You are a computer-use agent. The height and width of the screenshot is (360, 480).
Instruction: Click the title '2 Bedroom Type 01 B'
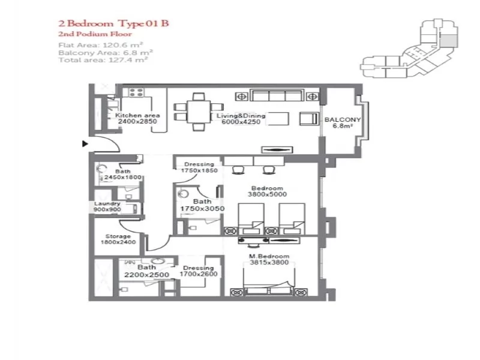coord(113,25)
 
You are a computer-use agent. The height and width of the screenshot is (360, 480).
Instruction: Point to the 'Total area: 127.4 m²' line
coord(103,59)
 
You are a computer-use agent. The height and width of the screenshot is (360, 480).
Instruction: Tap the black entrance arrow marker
coord(85,143)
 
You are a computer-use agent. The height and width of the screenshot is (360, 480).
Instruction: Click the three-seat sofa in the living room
coord(276,96)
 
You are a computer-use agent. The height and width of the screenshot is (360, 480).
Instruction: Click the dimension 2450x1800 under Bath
coord(122,178)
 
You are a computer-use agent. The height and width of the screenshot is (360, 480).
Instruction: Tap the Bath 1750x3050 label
coord(202,205)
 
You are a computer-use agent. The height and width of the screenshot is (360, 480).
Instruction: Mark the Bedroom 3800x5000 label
coord(268,191)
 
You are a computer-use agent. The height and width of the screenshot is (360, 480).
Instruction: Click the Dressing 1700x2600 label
coord(199,271)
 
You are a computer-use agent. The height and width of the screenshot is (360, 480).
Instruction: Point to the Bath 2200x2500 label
coord(146,271)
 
